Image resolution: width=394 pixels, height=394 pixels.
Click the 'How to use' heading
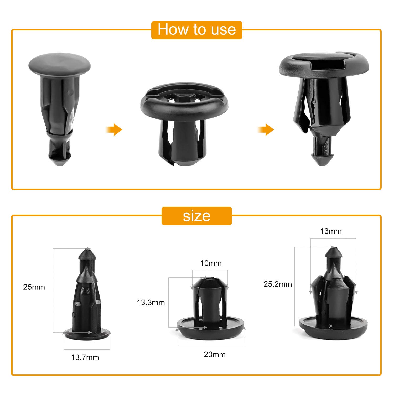pyautogui.click(x=196, y=29)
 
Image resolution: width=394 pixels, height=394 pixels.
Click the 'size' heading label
pyautogui.click(x=196, y=216)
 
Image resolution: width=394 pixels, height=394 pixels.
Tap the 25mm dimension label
pyautogui.click(x=34, y=287)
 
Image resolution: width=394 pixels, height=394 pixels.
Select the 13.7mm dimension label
pyautogui.click(x=85, y=357)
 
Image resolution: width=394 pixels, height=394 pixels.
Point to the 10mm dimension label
pyautogui.click(x=211, y=263)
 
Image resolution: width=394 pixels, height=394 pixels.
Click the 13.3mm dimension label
pyautogui.click(x=151, y=303)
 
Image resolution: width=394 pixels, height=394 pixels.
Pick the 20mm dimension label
pyautogui.click(x=215, y=355)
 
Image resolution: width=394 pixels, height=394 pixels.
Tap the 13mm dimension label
pyautogui.click(x=331, y=231)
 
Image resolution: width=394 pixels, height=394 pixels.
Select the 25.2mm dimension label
pyautogui.click(x=278, y=284)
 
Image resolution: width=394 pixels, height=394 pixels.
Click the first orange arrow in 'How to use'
pyautogui.click(x=115, y=129)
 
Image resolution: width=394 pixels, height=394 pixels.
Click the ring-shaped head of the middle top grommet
pyautogui.click(x=184, y=105)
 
